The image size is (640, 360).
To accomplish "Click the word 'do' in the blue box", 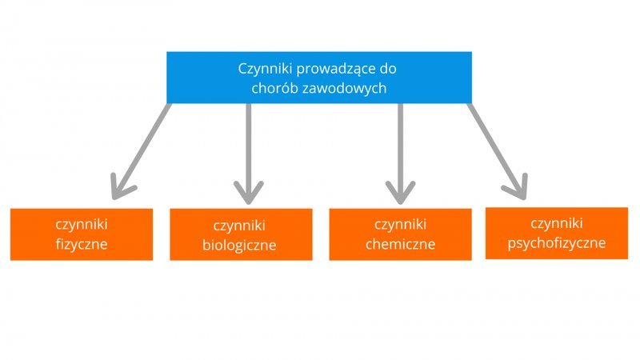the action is [x=388, y=68].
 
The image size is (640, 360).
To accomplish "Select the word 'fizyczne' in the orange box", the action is [x=82, y=245].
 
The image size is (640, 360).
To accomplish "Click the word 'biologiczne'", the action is [x=239, y=246].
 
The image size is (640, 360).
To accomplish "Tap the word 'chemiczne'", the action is [x=401, y=244].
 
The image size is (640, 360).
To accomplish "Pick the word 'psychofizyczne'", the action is [x=557, y=243].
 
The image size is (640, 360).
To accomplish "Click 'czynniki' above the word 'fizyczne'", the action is [x=82, y=225].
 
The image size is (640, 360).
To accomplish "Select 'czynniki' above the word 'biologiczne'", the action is [x=239, y=226].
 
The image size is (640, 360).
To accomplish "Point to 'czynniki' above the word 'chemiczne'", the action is [x=401, y=225].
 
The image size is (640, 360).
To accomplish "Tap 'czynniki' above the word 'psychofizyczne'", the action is [x=557, y=224].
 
